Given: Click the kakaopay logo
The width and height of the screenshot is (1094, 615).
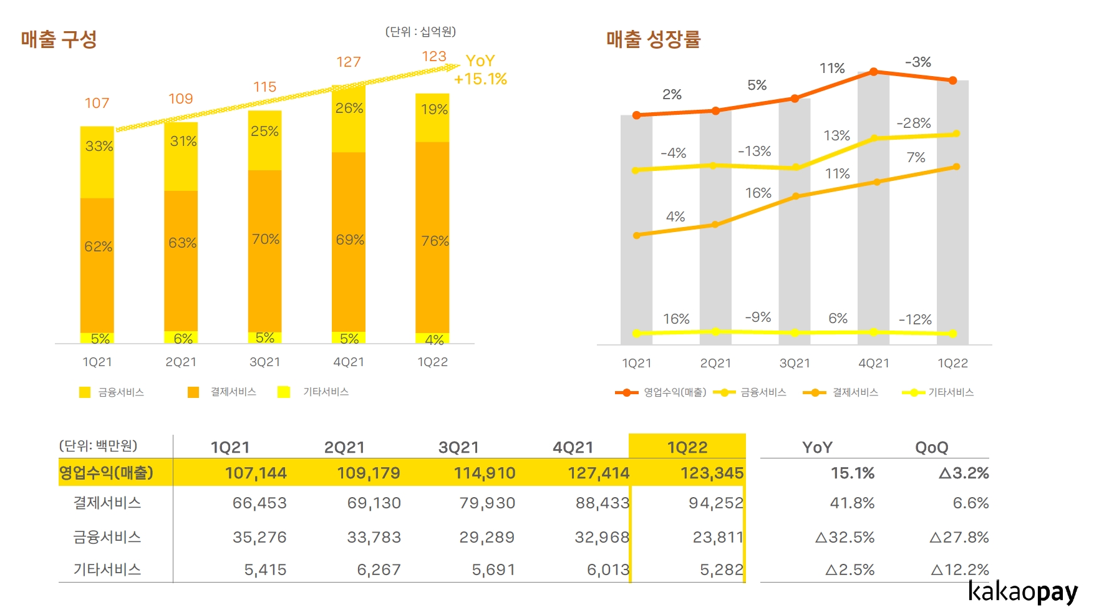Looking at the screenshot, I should (1022, 591).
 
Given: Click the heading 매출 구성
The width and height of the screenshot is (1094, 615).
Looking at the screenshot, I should (59, 39).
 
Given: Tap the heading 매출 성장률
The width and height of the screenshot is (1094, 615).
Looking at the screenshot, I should (653, 39).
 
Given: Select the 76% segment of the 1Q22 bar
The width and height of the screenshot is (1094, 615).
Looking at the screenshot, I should (433, 240).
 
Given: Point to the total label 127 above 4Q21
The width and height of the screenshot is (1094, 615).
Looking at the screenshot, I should (349, 62).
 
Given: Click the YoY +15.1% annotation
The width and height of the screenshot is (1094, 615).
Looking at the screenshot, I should (480, 70).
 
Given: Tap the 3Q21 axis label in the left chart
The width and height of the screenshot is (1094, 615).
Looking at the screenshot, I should (265, 362).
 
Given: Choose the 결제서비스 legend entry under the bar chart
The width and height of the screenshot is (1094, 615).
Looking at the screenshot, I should (233, 392).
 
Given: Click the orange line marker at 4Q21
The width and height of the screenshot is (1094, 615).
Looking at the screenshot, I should (874, 72).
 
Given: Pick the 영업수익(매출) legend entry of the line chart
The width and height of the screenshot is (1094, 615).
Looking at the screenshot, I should (674, 392).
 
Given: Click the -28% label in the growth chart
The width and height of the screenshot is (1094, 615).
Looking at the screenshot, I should (913, 123).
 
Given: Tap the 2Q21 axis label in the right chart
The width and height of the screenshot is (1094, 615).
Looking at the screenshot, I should (715, 363).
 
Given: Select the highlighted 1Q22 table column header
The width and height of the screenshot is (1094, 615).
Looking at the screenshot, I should (687, 447).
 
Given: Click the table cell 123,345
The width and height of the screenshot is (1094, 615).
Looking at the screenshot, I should (712, 473).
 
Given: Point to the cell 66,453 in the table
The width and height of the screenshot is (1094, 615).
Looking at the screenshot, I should (259, 503).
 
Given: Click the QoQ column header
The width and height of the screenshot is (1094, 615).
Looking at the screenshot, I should (931, 447).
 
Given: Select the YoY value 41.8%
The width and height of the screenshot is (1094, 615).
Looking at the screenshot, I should (852, 503).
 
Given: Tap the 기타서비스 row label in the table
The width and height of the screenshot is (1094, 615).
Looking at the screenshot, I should (107, 569).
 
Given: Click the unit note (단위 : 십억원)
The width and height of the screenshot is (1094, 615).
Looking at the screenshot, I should (420, 31).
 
